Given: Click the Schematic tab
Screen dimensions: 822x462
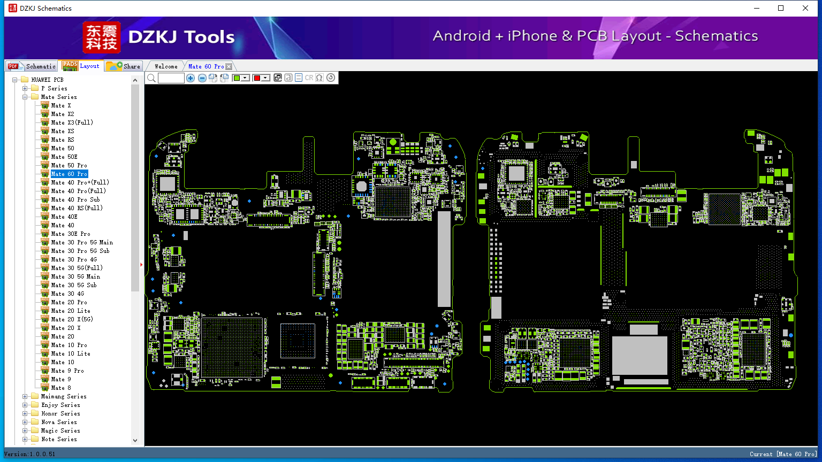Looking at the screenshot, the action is pos(32,66).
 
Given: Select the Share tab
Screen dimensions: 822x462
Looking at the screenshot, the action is pos(123,66).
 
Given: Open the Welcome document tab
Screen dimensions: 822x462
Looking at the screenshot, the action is pos(166,66).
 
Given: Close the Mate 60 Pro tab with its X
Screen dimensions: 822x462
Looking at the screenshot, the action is pos(229,66).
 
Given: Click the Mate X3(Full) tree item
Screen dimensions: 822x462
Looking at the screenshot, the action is pos(72,122).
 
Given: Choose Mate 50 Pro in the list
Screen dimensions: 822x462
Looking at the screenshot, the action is pos(69,165).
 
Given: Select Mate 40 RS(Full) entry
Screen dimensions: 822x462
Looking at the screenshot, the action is pos(77,208).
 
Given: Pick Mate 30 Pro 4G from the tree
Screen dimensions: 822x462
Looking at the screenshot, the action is pos(74,259).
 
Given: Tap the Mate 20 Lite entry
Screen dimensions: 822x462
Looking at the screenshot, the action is pos(71,311).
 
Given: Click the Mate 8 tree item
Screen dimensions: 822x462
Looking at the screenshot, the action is pos(61,388).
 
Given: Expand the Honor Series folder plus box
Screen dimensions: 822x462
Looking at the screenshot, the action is pos(25,413).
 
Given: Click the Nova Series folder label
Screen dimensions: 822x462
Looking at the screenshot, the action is pos(59,422).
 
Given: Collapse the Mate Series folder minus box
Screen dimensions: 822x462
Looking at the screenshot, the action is pos(25,97).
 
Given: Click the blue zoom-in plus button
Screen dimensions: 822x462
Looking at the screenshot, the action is pos(190,78).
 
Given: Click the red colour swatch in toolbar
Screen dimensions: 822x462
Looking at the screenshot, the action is pos(257,78).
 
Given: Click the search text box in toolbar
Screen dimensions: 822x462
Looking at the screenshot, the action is pos(171,78).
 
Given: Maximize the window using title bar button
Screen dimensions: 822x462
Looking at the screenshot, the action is pos(781,8).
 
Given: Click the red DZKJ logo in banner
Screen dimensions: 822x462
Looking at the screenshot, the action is pos(102,37).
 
